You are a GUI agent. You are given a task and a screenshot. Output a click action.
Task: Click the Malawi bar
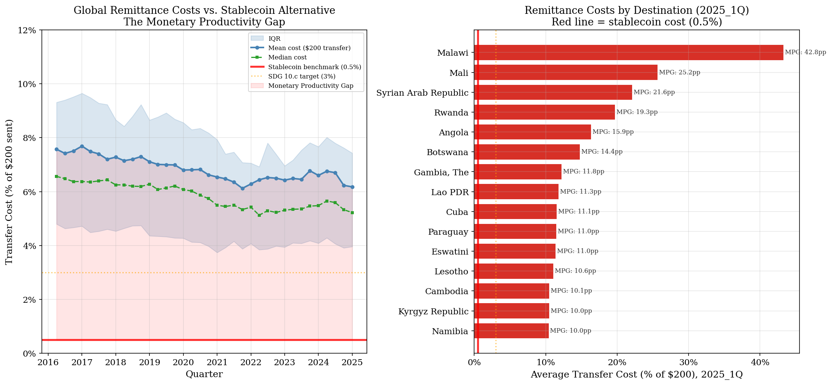coord(628,53)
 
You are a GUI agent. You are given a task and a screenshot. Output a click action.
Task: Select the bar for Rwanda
coord(544,112)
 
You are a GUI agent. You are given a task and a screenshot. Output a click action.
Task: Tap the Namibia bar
coord(511,331)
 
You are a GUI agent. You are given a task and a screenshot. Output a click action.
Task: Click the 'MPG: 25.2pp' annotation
coord(679,73)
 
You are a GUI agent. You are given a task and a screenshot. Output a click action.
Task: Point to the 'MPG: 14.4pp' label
coord(601,152)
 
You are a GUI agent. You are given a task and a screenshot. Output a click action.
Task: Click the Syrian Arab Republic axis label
coord(422,93)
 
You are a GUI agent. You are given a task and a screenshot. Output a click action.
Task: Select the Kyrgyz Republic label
coord(433,311)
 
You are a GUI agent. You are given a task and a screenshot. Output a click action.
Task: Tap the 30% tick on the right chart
coord(688,363)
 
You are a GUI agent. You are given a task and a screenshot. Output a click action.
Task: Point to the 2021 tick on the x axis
coord(217,363)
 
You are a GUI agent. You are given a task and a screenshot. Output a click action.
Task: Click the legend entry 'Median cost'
coord(287,58)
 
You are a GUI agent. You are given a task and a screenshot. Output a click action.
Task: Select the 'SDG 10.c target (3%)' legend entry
coord(301,77)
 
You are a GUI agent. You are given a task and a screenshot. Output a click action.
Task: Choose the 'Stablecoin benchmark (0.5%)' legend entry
coord(314,67)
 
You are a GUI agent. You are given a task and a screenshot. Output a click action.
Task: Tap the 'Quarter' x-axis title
coord(204,374)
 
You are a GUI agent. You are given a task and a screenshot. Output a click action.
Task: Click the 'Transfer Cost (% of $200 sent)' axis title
coord(9,192)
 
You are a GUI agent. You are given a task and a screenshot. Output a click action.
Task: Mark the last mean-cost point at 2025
coord(352,187)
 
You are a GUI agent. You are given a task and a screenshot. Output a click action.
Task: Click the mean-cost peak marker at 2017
coord(82,146)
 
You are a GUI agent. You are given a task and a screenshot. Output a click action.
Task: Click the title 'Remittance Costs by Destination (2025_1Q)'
coord(636,10)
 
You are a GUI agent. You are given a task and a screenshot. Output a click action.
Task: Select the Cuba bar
coord(515,212)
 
